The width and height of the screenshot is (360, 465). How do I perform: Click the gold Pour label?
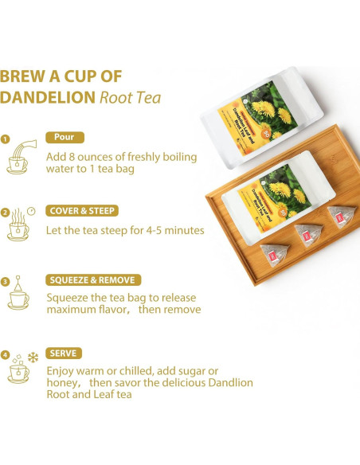click(65, 137)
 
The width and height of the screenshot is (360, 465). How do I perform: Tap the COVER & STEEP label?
click(83, 211)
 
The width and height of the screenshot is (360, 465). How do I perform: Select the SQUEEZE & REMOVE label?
click(94, 279)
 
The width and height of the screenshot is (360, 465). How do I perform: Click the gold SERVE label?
click(64, 353)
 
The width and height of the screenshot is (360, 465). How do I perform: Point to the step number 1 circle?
click(6, 139)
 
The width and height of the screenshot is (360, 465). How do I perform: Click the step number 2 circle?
click(6, 213)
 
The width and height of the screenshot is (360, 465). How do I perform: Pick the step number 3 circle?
click(6, 282)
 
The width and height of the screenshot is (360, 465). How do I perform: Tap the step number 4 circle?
click(6, 355)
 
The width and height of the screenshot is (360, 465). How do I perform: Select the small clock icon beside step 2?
click(30, 211)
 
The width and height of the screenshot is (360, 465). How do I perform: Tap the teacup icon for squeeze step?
click(18, 298)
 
